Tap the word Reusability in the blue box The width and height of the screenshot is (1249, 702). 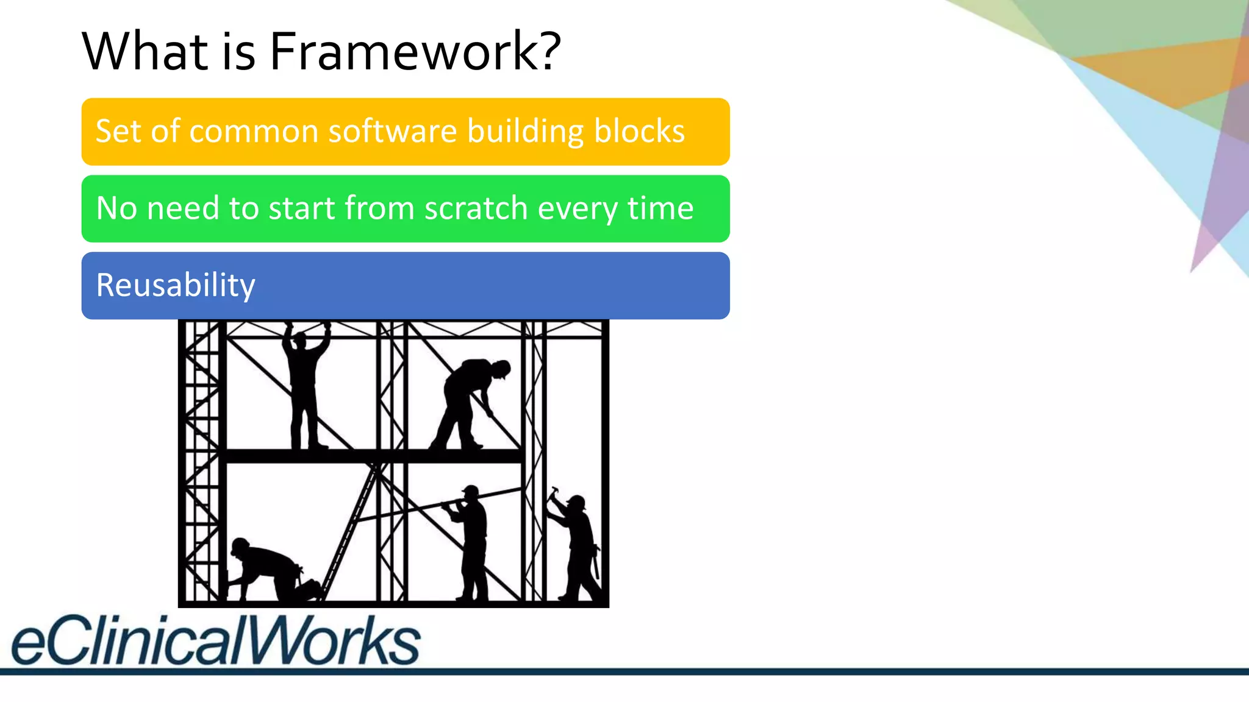coord(176,285)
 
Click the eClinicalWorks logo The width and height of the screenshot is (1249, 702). coord(216,640)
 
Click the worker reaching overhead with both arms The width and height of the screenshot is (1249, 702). coord(305,384)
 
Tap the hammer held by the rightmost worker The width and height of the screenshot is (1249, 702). coord(553,492)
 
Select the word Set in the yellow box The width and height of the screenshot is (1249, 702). coord(118,131)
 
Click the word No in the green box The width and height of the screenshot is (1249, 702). coord(116,208)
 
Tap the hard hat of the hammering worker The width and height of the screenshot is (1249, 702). coord(576,502)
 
